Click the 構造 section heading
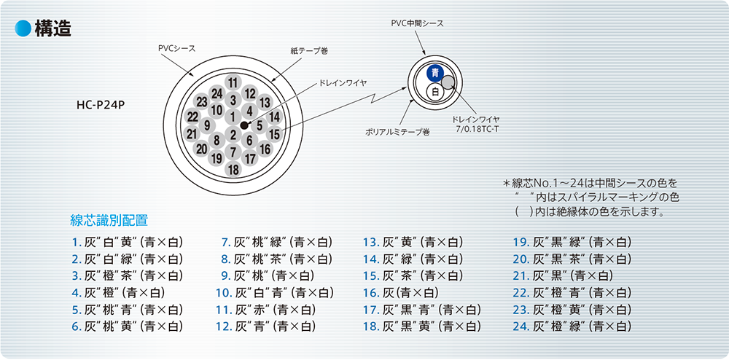click(x=53, y=29)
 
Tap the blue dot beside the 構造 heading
click(x=23, y=28)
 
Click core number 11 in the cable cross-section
click(x=233, y=83)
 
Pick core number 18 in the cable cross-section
click(x=233, y=169)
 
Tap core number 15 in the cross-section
click(x=275, y=134)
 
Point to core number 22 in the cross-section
click(x=193, y=117)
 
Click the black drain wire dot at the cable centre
click(x=244, y=125)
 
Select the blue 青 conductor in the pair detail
click(x=435, y=73)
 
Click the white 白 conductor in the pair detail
click(x=435, y=92)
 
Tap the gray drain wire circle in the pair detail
click(x=448, y=82)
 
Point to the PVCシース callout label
click(x=176, y=48)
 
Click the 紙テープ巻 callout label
click(x=306, y=50)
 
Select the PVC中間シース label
click(x=417, y=23)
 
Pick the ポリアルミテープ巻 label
click(x=397, y=133)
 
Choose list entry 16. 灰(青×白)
click(x=401, y=292)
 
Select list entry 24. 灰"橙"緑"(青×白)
click(x=572, y=326)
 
